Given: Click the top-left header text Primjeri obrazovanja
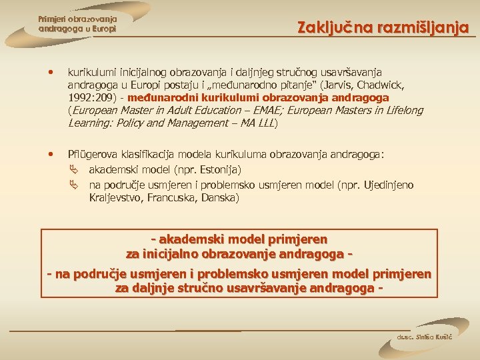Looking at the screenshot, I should (x=77, y=19).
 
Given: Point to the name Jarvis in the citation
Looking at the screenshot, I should (x=342, y=85).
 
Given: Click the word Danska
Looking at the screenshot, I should (x=219, y=197).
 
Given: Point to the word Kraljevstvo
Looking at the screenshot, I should (x=114, y=197).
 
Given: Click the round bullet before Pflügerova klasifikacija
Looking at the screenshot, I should (x=51, y=154).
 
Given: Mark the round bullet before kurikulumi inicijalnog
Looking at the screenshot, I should (x=51, y=71).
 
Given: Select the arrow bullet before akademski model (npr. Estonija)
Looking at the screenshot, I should (x=74, y=170).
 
